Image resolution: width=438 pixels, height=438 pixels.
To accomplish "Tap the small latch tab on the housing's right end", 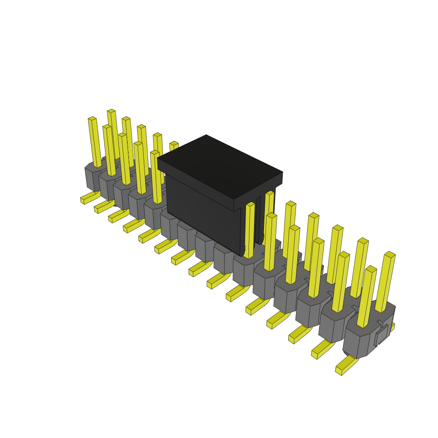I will pyautogui.click(x=382, y=335).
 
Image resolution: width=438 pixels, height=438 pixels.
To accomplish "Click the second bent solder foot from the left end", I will pyautogui.click(x=103, y=207).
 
